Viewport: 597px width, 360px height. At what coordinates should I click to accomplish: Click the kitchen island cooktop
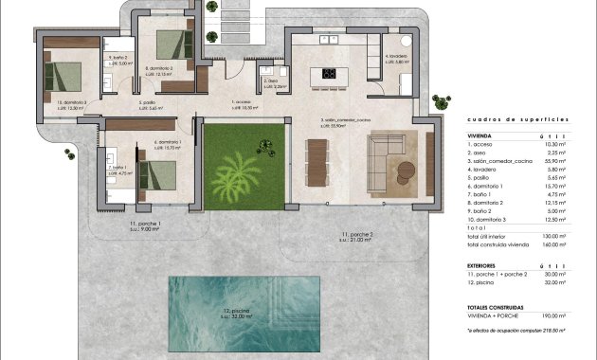[331, 74]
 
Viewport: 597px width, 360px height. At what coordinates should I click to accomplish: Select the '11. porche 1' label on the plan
[146, 224]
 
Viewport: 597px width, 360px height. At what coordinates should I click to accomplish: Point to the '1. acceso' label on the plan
[244, 102]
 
